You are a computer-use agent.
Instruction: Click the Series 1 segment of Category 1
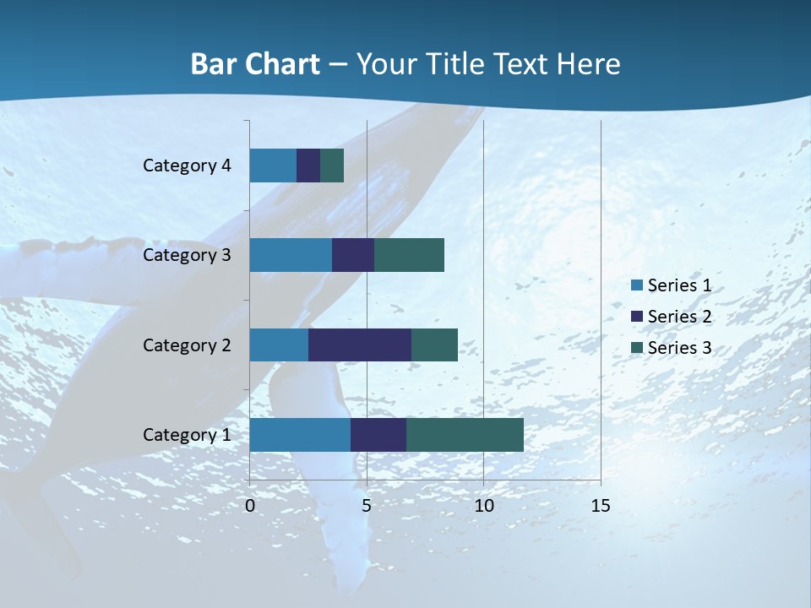click(300, 435)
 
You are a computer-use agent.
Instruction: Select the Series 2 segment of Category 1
click(378, 435)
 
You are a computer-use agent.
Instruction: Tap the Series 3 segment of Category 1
click(465, 435)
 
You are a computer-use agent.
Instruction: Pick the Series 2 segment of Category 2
click(360, 345)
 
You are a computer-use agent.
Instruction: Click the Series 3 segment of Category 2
click(434, 345)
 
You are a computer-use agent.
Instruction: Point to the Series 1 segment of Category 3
click(291, 255)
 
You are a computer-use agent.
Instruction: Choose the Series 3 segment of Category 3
click(409, 255)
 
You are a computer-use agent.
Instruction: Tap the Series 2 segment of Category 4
click(308, 166)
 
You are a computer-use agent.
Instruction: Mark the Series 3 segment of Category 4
click(332, 166)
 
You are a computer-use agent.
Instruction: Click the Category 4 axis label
click(187, 166)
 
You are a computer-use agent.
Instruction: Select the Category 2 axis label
click(187, 345)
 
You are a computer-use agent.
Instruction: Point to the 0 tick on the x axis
click(250, 506)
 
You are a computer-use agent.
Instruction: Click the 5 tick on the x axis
click(367, 506)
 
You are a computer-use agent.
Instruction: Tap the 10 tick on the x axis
click(483, 506)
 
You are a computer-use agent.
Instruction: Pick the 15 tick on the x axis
click(600, 506)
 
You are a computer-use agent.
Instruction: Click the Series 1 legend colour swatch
click(636, 285)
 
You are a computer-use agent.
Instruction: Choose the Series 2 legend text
click(679, 317)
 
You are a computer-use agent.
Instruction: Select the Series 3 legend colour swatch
click(636, 348)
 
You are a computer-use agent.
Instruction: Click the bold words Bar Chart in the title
click(255, 64)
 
